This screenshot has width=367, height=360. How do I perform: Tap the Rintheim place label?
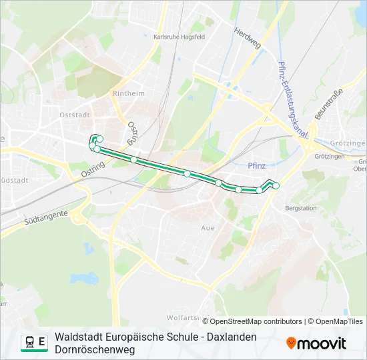point(129,93)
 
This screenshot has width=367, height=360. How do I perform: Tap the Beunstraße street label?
point(328,104)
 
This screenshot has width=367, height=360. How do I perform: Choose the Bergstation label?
point(300,208)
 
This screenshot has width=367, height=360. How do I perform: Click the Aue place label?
point(208,227)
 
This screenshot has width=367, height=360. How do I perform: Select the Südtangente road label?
point(45,217)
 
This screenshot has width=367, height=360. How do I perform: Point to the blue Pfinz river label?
point(256,165)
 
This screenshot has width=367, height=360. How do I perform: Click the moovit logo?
point(316,343)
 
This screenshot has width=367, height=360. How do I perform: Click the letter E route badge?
point(42,343)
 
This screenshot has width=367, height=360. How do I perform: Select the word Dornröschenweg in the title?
point(95,349)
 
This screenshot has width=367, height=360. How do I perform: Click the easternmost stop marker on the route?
point(276,185)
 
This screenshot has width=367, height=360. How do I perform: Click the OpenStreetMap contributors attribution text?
point(256,321)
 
